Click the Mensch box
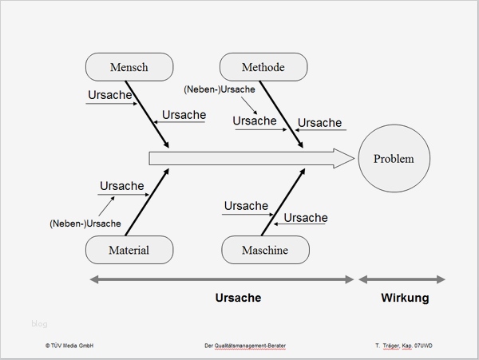(129, 67)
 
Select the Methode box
(263, 67)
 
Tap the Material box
(129, 250)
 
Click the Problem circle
(394, 159)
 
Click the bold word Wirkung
(405, 298)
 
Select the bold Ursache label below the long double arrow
(238, 298)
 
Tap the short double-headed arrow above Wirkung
(402, 279)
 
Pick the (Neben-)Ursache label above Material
(85, 224)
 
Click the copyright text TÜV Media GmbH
(70, 346)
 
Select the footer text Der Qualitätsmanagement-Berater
(245, 346)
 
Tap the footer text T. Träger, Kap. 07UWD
(410, 346)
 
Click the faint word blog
(40, 323)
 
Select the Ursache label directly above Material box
(121, 186)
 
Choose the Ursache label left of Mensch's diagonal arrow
(109, 95)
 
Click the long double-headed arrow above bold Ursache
(221, 279)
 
